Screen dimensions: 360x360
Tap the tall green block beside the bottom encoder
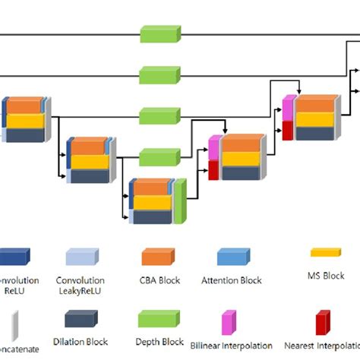click(x=179, y=201)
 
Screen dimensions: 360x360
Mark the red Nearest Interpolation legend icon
click(x=323, y=324)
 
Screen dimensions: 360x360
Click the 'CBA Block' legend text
click(x=159, y=280)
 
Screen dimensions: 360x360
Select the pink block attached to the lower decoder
click(x=214, y=149)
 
